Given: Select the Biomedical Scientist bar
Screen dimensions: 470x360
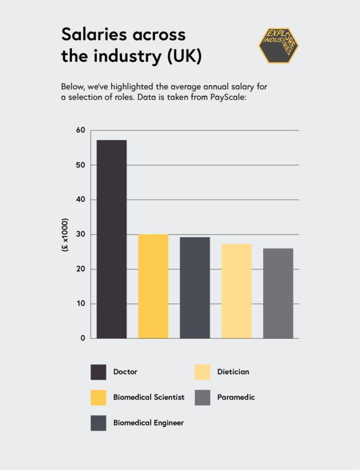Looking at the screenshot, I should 153,286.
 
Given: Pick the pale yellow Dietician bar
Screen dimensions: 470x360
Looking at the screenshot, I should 236,291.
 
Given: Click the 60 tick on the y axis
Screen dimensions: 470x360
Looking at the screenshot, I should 81,130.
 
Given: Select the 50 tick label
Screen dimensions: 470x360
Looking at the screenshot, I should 81,165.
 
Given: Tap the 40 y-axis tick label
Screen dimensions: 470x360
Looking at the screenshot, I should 81,200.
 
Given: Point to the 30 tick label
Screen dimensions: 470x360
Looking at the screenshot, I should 81,234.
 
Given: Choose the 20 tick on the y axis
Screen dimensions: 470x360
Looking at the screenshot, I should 81,269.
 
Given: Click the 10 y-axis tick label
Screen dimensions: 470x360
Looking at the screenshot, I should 81,304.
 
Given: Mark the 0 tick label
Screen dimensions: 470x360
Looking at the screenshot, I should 83,338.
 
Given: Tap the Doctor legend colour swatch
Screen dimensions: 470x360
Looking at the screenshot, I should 98,372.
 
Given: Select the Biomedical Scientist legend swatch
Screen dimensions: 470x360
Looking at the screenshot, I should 98,397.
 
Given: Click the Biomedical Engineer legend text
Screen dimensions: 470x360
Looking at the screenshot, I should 149,422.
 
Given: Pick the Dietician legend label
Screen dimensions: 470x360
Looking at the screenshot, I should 233,372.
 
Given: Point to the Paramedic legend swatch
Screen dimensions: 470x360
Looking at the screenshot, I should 202,397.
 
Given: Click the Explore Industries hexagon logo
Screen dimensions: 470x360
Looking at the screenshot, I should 278,44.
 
